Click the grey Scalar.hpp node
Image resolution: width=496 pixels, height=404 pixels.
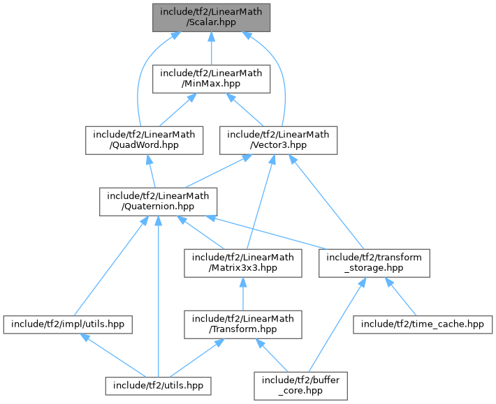point(211,17)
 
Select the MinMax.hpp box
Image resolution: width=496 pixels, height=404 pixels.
point(211,79)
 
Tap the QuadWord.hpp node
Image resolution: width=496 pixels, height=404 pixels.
point(145,140)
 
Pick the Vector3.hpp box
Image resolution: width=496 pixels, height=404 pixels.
point(279,140)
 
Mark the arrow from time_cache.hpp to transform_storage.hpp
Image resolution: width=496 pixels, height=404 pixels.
point(400,297)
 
